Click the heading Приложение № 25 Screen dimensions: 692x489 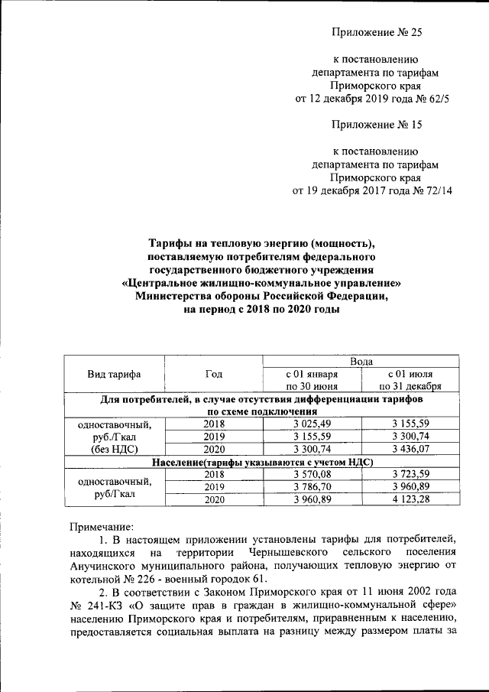(x=377, y=32)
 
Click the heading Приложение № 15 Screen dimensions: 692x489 (x=377, y=123)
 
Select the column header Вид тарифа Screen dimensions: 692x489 (x=115, y=374)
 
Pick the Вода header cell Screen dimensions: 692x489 (x=361, y=361)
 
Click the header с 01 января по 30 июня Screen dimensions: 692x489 (x=312, y=380)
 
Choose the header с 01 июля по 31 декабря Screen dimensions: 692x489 (x=411, y=380)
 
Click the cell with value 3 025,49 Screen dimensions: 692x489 (x=312, y=424)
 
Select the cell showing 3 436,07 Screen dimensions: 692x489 (x=411, y=449)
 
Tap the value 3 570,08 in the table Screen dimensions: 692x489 (x=312, y=474)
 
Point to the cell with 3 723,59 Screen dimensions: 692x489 (x=411, y=474)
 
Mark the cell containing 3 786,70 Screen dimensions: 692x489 (x=312, y=486)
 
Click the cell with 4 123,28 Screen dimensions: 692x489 (x=411, y=499)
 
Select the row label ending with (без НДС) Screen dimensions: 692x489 (x=115, y=449)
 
